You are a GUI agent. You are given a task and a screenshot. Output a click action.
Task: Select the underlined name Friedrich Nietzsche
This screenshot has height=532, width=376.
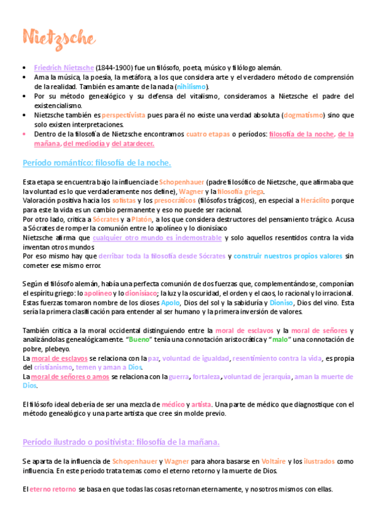[x=63, y=68]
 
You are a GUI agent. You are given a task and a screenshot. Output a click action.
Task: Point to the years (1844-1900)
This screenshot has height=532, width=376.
[x=114, y=68]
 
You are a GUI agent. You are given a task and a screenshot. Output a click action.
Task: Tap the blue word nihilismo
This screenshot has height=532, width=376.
[x=191, y=87]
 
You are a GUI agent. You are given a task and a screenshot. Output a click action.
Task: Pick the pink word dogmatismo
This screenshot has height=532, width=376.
[x=304, y=115]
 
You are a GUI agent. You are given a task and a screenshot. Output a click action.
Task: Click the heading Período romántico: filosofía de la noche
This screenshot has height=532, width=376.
[x=96, y=163]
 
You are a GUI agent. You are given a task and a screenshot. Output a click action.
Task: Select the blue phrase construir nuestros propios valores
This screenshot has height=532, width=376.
[x=289, y=256]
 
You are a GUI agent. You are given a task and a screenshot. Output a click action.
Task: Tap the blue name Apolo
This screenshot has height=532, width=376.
[x=169, y=302]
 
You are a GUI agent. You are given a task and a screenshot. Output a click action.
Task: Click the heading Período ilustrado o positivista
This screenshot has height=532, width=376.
[x=121, y=442]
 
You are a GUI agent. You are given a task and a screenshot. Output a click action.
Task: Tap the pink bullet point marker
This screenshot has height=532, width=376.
[x=24, y=134]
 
